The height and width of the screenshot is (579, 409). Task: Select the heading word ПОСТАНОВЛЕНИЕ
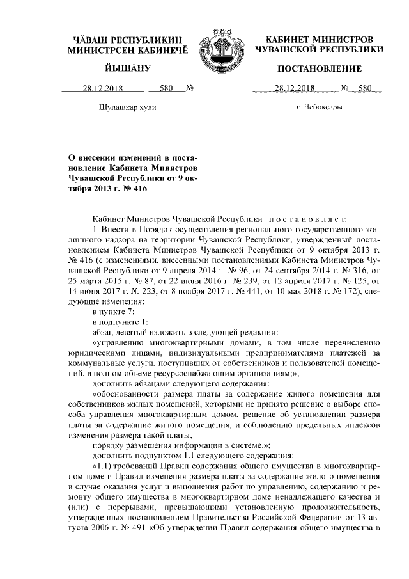(x=320, y=68)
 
